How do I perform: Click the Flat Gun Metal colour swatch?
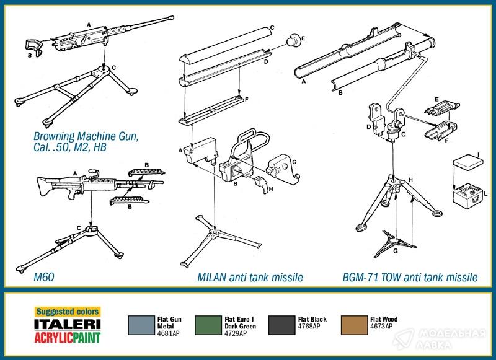(141, 325)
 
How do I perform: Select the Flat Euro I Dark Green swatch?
(208, 325)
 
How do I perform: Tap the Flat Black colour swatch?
(281, 325)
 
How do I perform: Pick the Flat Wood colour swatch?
(354, 325)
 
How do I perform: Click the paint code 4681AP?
(168, 333)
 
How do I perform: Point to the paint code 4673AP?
(381, 326)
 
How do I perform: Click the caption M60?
(43, 277)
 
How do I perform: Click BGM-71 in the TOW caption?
(361, 278)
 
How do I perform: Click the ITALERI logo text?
(68, 324)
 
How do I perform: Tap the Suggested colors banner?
(68, 312)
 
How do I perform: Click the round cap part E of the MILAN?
(292, 40)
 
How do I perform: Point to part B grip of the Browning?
(34, 48)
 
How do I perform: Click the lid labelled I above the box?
(468, 161)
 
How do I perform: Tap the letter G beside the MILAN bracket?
(294, 162)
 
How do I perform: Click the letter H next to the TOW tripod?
(410, 180)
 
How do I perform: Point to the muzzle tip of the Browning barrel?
(172, 18)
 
